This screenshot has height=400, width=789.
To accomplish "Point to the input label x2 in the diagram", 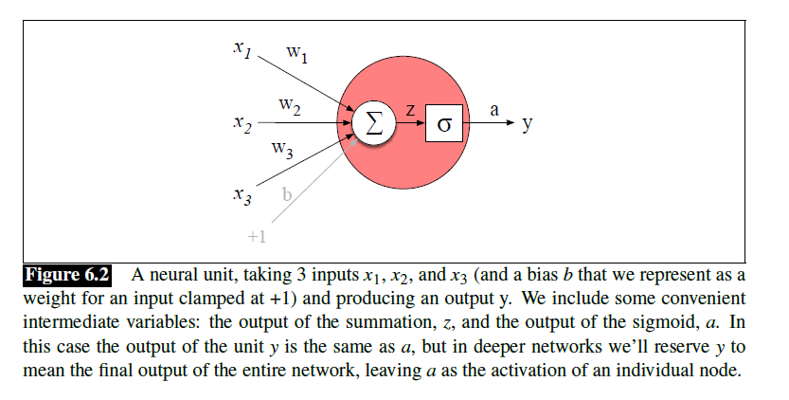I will tap(242, 124).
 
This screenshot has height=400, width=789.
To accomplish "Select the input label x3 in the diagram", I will tap(242, 196).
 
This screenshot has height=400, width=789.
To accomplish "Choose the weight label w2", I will tap(290, 106).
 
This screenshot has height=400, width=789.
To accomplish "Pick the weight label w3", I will tap(282, 148).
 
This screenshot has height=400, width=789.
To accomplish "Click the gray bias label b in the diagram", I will tap(287, 195).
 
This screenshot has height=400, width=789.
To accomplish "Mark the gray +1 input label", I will tap(256, 236).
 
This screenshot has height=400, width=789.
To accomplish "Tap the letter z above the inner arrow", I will tap(410, 109).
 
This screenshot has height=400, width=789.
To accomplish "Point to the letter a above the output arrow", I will tap(493, 109).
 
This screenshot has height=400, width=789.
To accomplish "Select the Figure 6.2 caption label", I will tap(66, 277).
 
